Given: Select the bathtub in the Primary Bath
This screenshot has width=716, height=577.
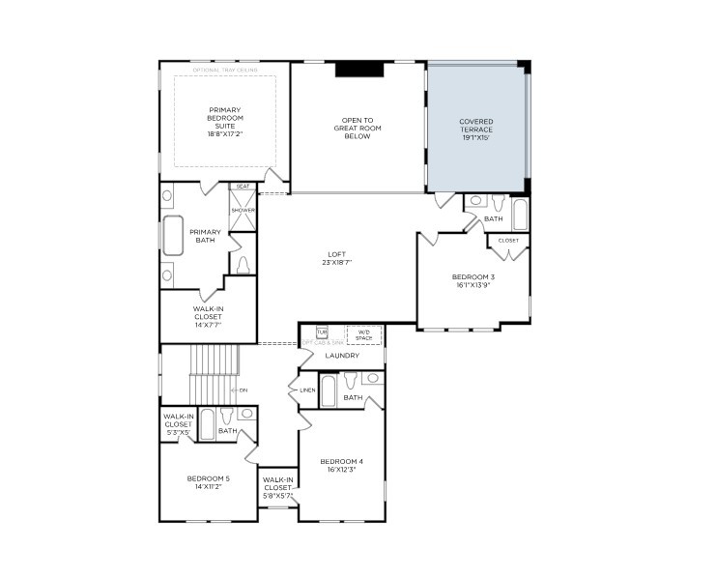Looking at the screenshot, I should (174, 235).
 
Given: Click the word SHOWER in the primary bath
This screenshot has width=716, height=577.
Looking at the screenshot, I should (243, 210).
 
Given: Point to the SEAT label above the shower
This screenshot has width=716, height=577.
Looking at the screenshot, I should (243, 187).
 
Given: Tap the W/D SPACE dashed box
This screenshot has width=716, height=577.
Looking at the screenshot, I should (364, 334).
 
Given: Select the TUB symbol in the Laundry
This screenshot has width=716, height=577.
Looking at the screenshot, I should (323, 332).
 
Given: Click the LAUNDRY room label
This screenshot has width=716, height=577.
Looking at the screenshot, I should (342, 356).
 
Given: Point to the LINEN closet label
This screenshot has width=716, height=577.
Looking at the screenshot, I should (307, 390).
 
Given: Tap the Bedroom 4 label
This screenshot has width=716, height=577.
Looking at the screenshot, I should (341, 465).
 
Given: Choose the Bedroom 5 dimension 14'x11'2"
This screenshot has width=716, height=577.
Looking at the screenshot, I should (208, 487).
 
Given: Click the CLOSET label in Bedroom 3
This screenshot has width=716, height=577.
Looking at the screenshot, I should (508, 241).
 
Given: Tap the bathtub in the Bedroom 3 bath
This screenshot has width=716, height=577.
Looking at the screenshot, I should (520, 214).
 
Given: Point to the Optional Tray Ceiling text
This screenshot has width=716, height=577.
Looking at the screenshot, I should (225, 71).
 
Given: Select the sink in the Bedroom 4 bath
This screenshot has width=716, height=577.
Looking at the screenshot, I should (372, 379).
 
